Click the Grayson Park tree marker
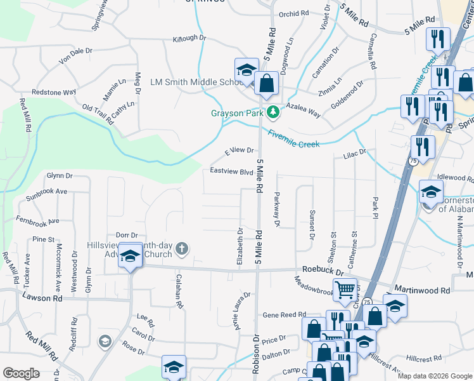pyautogui.click(x=273, y=112)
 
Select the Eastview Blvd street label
pyautogui.click(x=232, y=171)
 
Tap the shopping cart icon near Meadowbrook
pyautogui.click(x=345, y=290)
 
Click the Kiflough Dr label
pyautogui.click(x=189, y=38)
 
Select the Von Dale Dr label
pyautogui.click(x=75, y=56)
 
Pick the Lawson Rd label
pyautogui.click(x=42, y=297)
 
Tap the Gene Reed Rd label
pyautogui.click(x=285, y=314)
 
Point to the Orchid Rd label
pyautogui.click(x=293, y=13)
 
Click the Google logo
pyautogui.click(x=21, y=373)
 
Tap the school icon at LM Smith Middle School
pyautogui.click(x=246, y=69)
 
